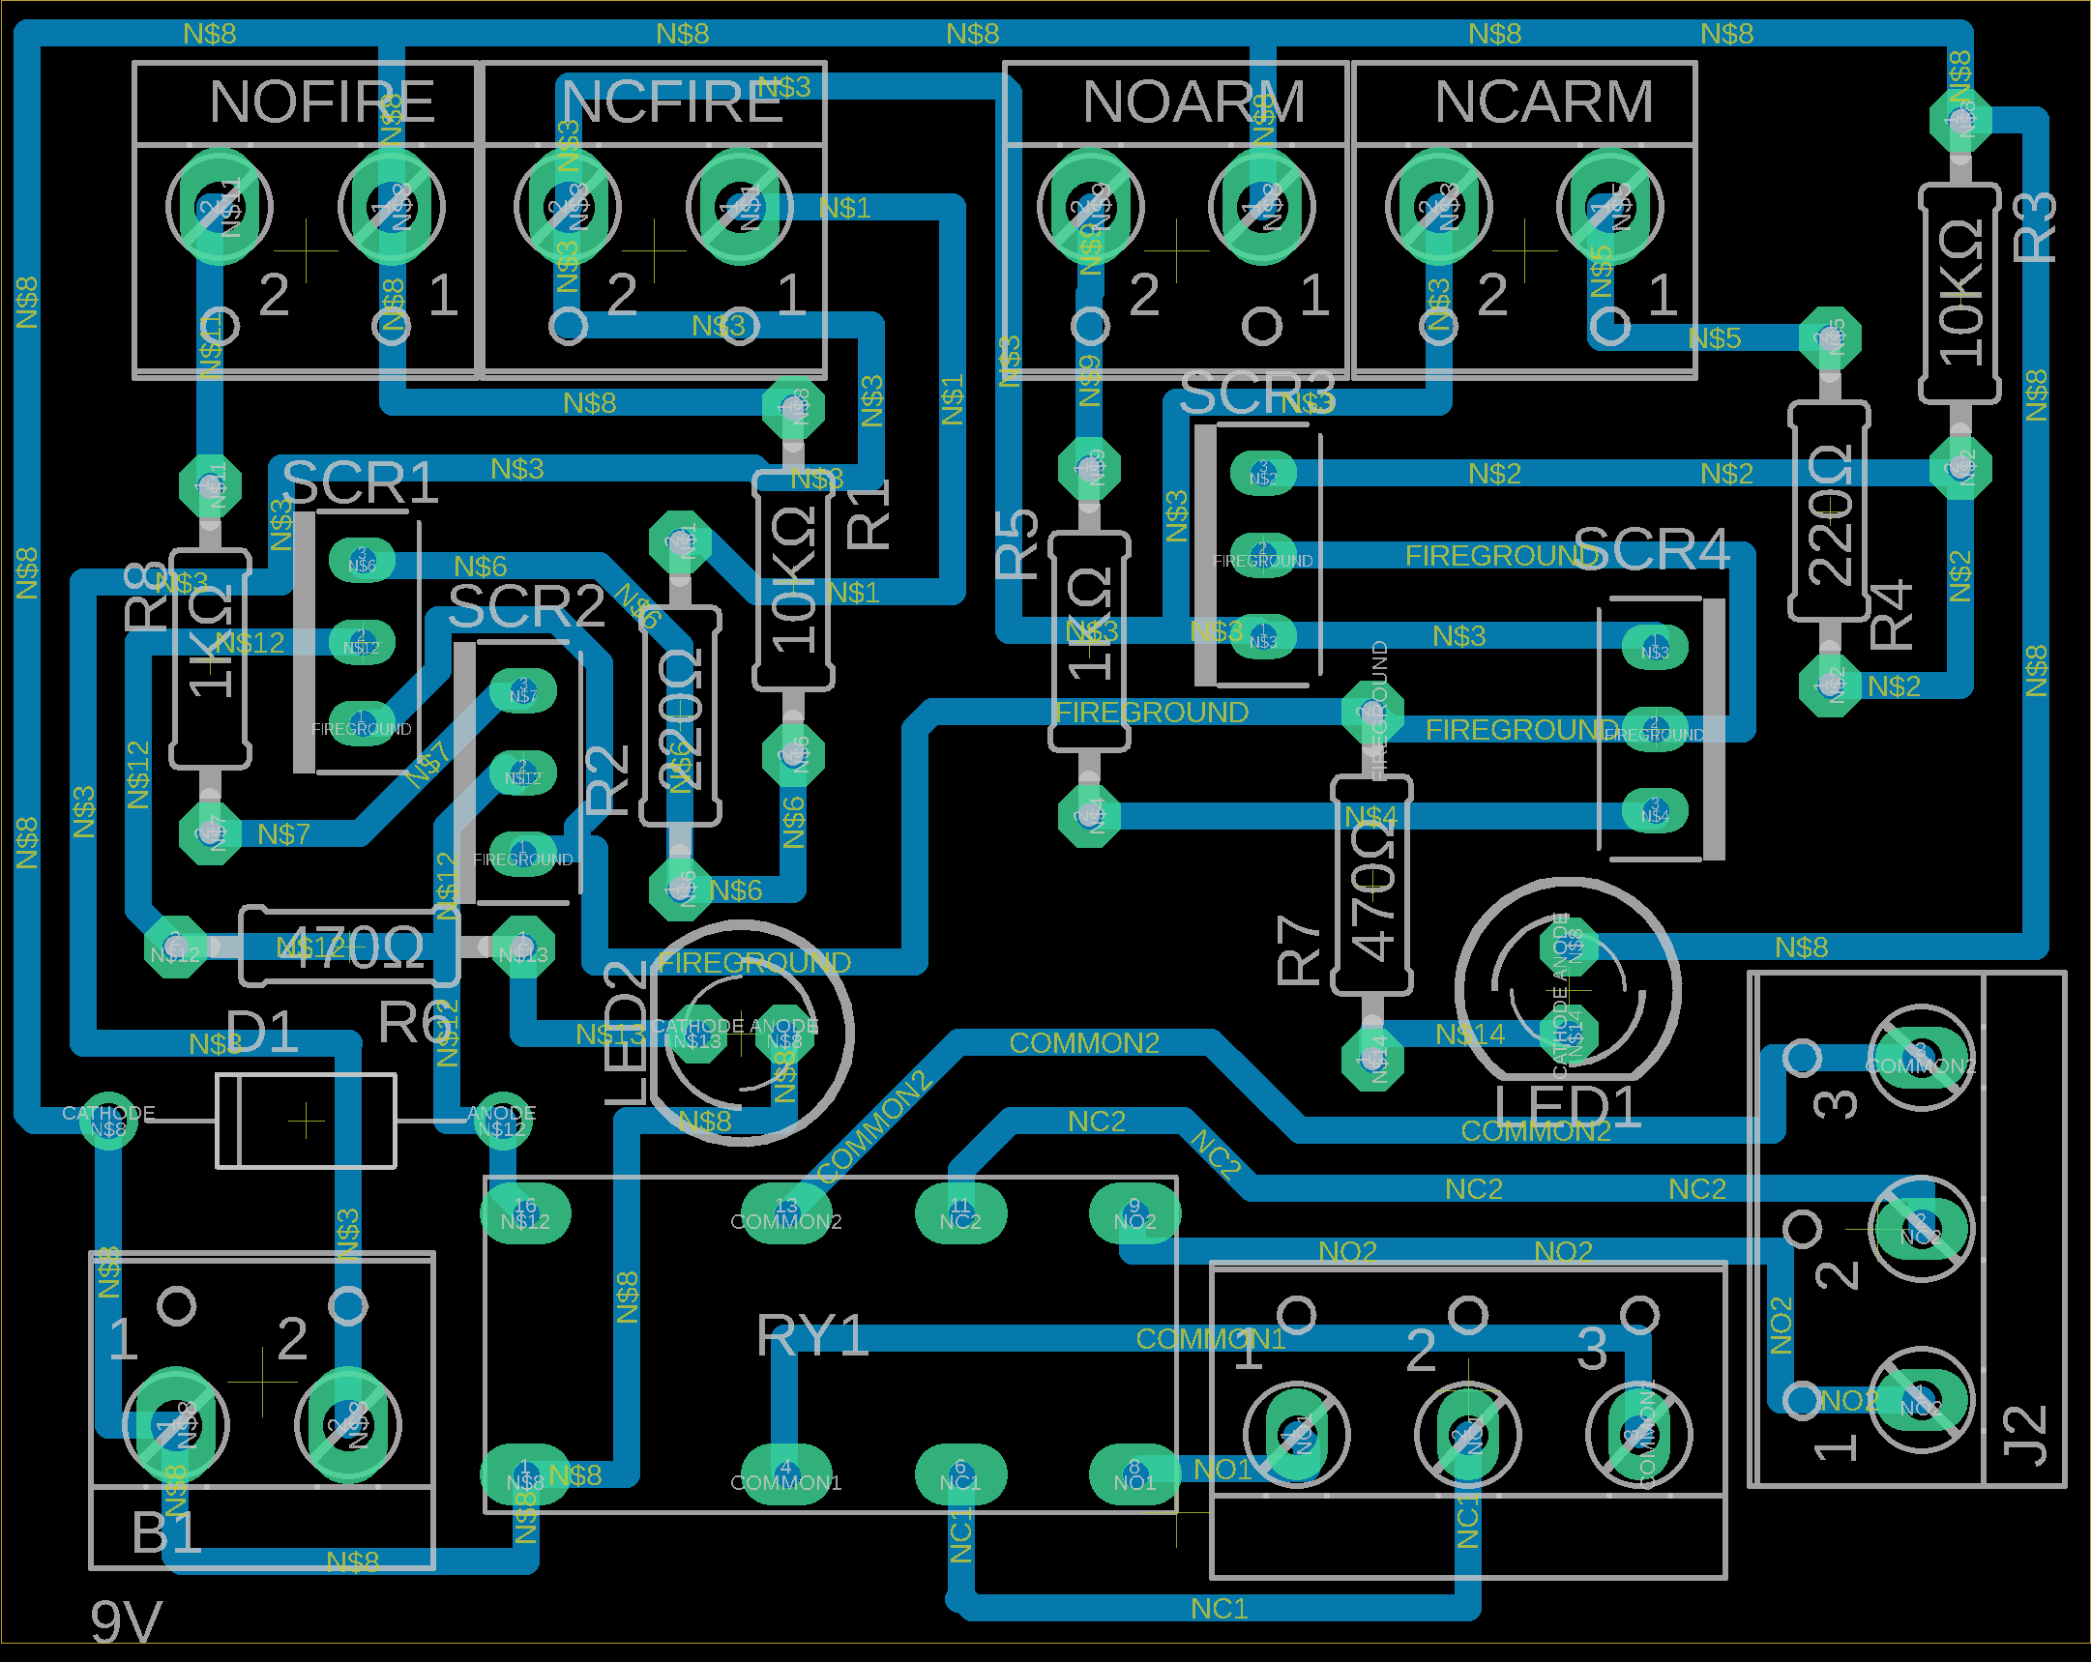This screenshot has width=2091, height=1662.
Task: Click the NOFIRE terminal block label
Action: click(x=321, y=102)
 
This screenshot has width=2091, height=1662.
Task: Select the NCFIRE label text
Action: click(x=672, y=102)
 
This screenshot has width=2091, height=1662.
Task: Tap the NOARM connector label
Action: click(x=1193, y=102)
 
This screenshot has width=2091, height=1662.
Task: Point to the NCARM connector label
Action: click(x=1543, y=102)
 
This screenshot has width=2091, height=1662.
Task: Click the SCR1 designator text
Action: click(x=361, y=482)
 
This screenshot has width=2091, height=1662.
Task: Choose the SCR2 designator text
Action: click(x=527, y=607)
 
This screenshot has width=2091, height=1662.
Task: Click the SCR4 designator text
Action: click(x=1651, y=549)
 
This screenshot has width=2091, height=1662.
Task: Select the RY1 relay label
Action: click(x=811, y=1336)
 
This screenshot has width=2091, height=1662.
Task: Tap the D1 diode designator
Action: click(x=261, y=1032)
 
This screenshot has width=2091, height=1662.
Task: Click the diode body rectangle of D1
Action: click(x=306, y=1121)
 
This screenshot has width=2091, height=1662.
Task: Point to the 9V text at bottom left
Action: click(x=126, y=1621)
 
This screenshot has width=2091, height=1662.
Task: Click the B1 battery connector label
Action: click(x=166, y=1533)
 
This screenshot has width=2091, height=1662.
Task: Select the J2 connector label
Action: click(x=2025, y=1435)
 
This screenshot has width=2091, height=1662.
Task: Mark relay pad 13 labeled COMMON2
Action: click(x=785, y=1213)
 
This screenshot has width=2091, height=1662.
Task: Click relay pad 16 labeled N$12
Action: click(x=525, y=1213)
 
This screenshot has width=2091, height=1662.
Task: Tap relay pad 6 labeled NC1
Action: click(x=960, y=1474)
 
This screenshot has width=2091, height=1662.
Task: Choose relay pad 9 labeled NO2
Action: click(x=1134, y=1213)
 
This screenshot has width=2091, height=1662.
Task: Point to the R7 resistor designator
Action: click(x=1300, y=954)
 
